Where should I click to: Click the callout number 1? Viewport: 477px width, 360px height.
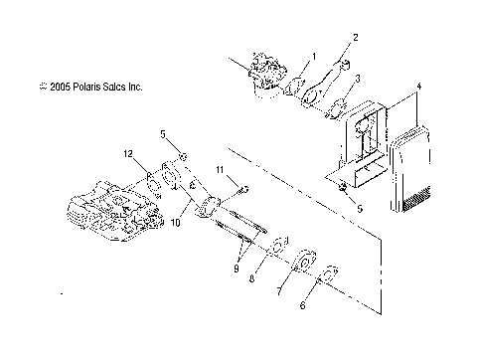point(314,56)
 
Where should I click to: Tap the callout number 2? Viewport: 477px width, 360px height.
point(353,39)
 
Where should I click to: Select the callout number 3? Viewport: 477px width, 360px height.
point(358,78)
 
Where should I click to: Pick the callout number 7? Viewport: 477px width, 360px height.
point(280,295)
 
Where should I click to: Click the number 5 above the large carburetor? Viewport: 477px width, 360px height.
point(164,133)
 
